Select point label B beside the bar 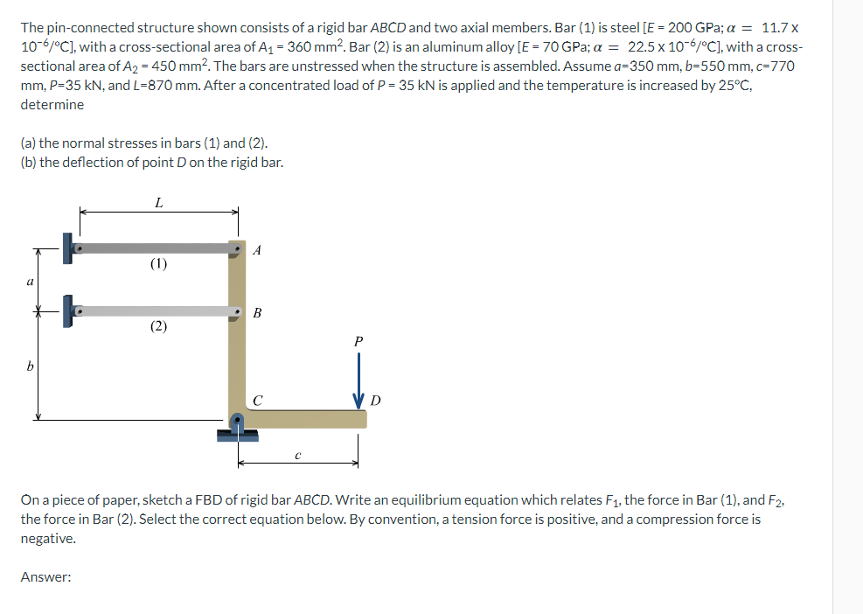point(256,312)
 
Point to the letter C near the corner point(257,401)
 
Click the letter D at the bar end point(375,401)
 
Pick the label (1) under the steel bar point(157,263)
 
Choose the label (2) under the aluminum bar point(157,326)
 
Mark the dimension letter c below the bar point(298,454)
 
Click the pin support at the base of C point(237,426)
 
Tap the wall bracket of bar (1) point(68,248)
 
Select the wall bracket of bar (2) point(68,310)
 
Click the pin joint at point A point(237,248)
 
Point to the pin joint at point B point(237,311)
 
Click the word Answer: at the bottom point(45,577)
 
